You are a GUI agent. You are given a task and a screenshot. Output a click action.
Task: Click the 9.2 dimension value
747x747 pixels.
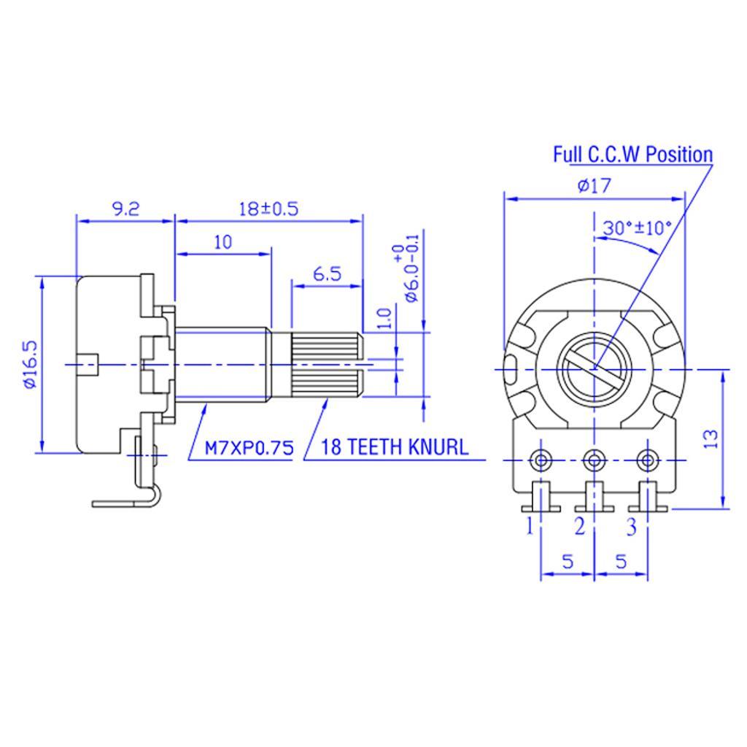[x=125, y=209]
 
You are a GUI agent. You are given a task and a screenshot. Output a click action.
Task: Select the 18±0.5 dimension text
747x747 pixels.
[x=269, y=209]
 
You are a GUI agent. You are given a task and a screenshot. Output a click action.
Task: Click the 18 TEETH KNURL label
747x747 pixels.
[x=395, y=447]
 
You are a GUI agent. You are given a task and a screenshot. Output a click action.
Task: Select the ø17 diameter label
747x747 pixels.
[x=594, y=186]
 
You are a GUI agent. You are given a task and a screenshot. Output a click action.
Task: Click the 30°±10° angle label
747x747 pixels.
[x=636, y=227]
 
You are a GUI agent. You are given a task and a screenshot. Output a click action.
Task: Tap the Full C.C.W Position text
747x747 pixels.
[x=632, y=155]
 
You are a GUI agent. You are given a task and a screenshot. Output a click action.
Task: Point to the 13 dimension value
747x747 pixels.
[x=711, y=438]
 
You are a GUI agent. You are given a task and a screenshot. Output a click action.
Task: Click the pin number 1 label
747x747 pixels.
[x=530, y=525]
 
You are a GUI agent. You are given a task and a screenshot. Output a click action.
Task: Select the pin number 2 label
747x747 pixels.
[x=579, y=525]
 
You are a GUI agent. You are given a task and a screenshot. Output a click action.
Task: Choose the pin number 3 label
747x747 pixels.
[x=632, y=525]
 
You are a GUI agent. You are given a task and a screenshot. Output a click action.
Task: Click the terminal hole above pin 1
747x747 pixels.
[x=541, y=460]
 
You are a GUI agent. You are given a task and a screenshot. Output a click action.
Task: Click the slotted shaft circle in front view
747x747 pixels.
[x=594, y=366]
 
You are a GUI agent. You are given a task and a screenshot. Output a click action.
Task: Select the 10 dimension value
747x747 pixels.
[x=223, y=242]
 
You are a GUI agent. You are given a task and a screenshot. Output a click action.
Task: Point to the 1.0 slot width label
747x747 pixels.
[x=386, y=319]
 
